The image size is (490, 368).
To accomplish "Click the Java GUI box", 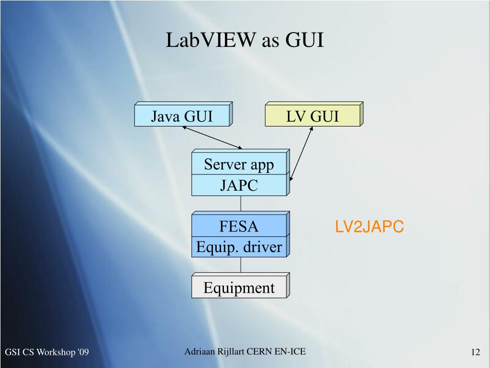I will [182, 116].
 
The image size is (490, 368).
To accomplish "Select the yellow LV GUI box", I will [312, 116].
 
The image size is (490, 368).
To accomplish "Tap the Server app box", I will [239, 164].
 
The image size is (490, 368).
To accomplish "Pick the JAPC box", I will [239, 185].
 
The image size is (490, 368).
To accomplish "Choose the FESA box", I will [239, 226].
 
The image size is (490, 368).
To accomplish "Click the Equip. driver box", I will [239, 247].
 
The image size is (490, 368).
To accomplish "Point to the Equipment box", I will [239, 288].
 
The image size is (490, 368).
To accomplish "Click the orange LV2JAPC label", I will [369, 227].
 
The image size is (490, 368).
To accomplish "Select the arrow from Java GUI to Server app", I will [212, 138].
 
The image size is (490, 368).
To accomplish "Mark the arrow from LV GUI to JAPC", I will [301, 153].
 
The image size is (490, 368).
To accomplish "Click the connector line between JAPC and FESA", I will [241, 204].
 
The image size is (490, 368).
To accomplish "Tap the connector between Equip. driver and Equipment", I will [241, 265].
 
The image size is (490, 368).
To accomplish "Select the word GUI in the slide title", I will [305, 40].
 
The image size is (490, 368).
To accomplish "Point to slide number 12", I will [475, 353].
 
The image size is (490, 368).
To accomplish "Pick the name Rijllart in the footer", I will [230, 352].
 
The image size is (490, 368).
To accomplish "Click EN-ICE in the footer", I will [290, 352].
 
